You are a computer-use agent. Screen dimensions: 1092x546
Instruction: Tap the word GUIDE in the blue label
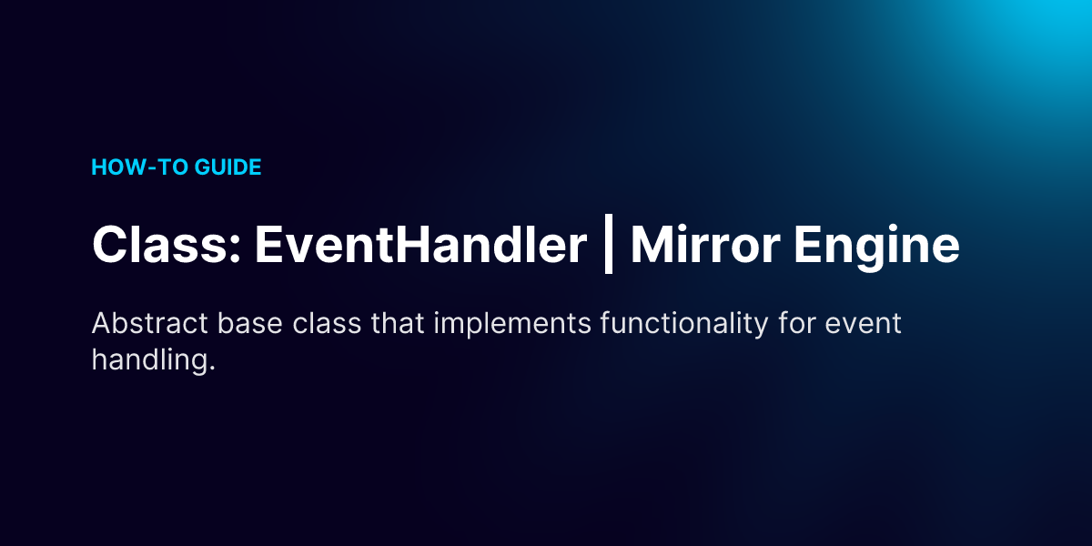tap(227, 167)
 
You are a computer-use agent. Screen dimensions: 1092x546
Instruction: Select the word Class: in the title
tap(167, 244)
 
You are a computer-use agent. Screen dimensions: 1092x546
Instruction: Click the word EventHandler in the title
tap(420, 244)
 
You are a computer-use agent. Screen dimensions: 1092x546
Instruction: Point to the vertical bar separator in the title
tap(609, 244)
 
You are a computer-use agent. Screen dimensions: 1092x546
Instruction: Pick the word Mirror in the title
tap(705, 244)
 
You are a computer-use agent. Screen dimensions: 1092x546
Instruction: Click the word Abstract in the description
tap(150, 323)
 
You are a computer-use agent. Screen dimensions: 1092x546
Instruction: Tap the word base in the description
tap(250, 323)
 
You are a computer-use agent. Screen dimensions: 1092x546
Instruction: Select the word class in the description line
tap(327, 323)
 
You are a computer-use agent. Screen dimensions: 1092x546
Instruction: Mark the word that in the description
tap(398, 323)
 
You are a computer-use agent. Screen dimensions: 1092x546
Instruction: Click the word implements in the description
tap(512, 326)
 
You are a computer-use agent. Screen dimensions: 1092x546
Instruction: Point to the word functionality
tap(684, 326)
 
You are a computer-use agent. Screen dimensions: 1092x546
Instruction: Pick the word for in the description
tap(796, 323)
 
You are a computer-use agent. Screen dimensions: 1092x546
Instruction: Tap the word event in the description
tap(863, 324)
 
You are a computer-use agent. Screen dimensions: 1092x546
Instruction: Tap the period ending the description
tap(212, 369)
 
